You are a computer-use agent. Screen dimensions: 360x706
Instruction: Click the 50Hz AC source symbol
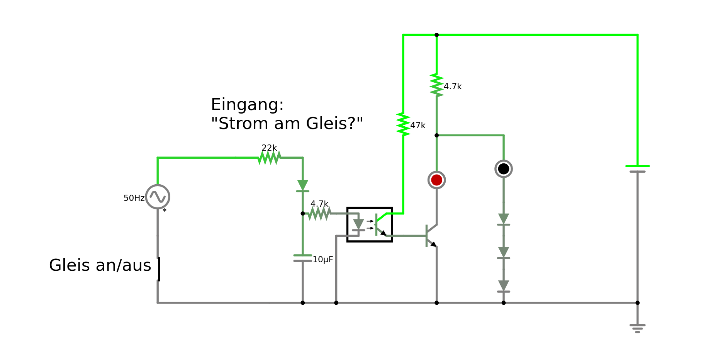click(158, 197)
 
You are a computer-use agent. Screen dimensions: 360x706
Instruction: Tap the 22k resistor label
click(269, 148)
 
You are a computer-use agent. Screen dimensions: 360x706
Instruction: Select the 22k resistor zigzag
click(269, 158)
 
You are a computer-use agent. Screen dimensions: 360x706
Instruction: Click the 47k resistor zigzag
click(403, 124)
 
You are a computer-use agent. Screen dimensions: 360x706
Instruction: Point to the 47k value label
click(418, 126)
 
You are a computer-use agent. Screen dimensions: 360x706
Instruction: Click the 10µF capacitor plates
click(302, 258)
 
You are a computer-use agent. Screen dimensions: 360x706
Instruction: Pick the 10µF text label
click(323, 260)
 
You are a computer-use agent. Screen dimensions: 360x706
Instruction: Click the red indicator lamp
click(436, 180)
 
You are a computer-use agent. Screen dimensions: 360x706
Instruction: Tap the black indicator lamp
click(503, 169)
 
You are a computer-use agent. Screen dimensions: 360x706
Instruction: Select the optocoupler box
click(370, 224)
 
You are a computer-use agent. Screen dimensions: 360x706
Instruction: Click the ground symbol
click(637, 328)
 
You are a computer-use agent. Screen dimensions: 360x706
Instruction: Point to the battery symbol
click(637, 169)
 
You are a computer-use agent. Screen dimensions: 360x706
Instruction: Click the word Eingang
click(247, 105)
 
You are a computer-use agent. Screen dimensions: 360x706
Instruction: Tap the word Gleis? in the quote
click(334, 124)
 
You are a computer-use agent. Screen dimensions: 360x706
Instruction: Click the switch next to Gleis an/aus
click(158, 269)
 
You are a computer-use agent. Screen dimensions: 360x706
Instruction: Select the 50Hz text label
click(134, 198)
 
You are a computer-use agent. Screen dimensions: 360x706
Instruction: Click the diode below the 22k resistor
click(302, 186)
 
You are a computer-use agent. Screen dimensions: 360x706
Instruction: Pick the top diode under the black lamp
click(503, 219)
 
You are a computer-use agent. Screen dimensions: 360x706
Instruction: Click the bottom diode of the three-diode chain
click(503, 286)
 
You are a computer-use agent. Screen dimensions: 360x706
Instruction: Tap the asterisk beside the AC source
click(165, 211)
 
